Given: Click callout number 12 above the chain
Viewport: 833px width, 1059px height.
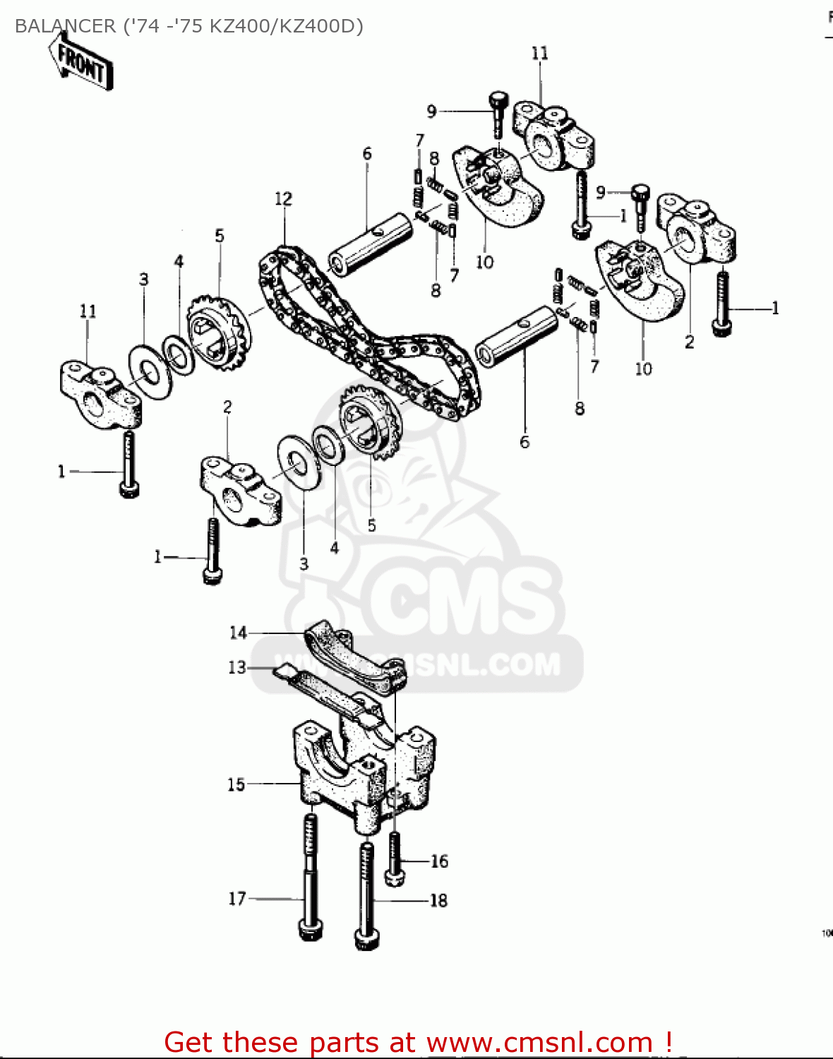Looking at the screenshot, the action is coord(283,199).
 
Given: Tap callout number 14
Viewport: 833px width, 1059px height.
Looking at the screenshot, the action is coord(238,633).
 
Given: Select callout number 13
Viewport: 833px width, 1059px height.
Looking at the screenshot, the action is coord(236,667).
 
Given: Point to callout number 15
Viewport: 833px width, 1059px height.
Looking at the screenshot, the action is coord(236,784).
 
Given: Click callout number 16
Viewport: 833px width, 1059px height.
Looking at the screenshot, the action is coord(439,861).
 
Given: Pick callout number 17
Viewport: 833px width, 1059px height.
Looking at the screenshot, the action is coord(236,899).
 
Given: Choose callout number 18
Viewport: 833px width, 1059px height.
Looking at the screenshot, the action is coord(438,901).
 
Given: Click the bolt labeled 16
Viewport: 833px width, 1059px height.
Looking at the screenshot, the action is coord(395,858).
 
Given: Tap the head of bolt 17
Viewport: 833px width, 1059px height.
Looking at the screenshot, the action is coord(311,930).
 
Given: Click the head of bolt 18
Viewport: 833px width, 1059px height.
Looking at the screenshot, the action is coord(366,939).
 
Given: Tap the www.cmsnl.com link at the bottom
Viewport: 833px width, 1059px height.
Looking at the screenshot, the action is coord(539,1042).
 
